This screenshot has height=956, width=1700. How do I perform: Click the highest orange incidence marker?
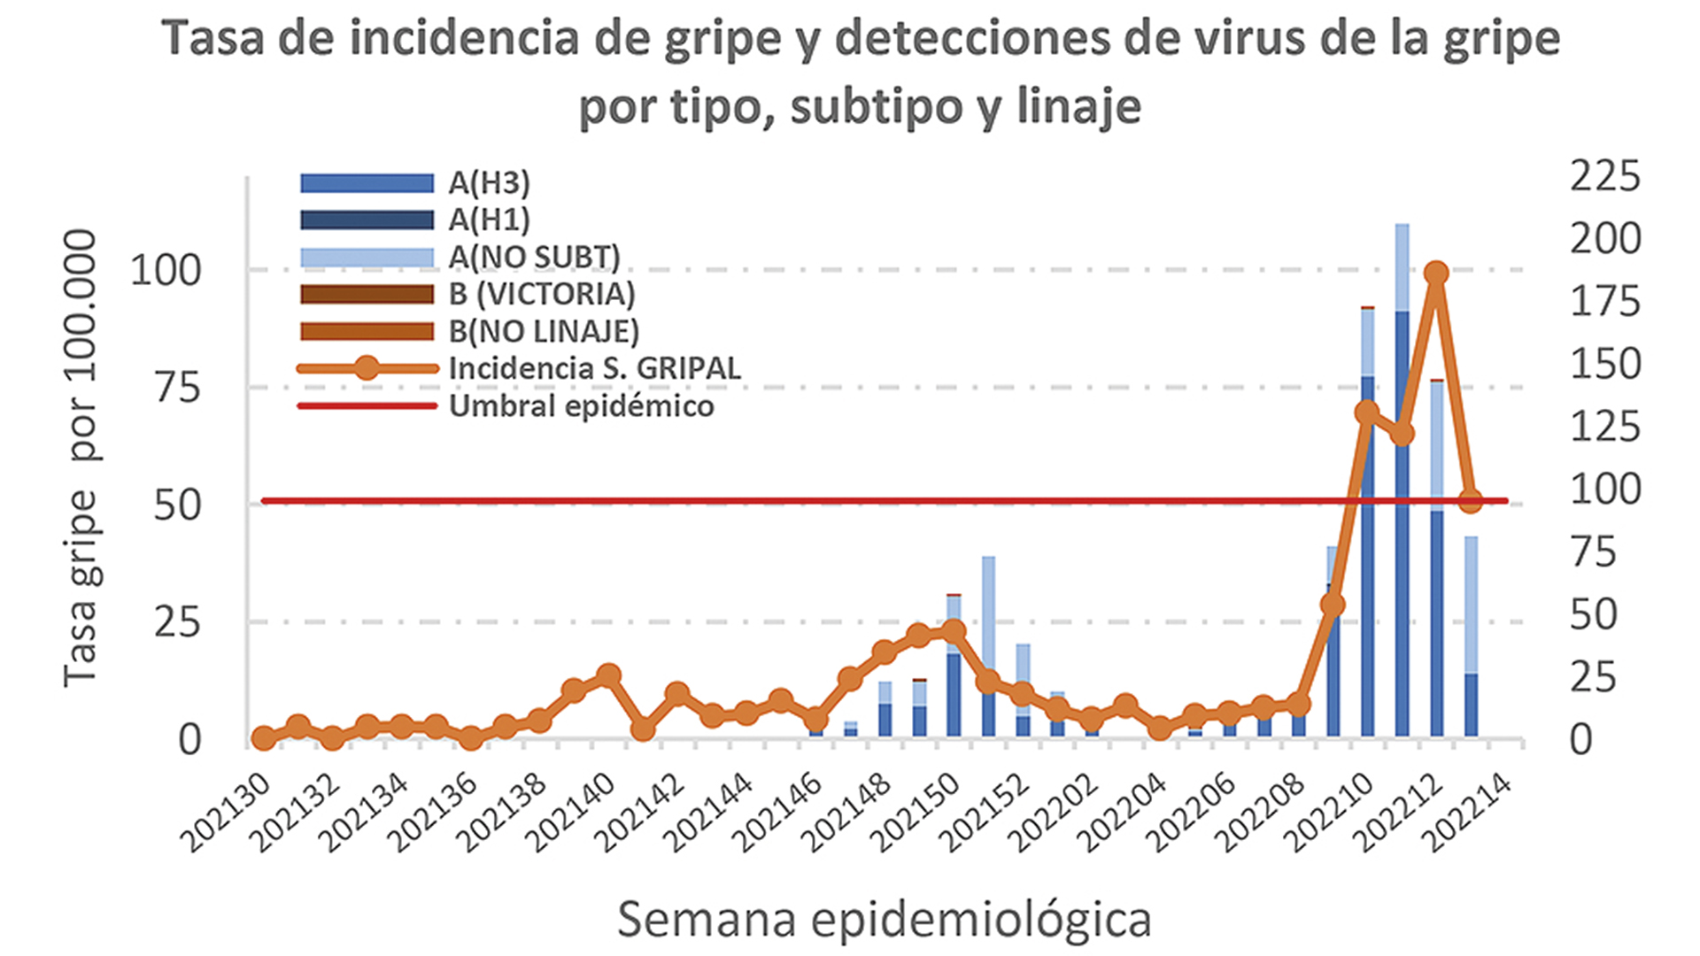click(1436, 274)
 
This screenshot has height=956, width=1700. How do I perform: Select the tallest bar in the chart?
click(1402, 478)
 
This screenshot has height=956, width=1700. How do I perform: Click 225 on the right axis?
click(1604, 176)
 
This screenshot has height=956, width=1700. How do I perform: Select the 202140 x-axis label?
click(576, 813)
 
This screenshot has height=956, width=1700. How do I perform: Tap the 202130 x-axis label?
click(226, 813)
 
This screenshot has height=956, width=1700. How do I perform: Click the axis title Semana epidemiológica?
click(884, 920)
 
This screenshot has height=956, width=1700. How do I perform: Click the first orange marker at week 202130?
click(263, 737)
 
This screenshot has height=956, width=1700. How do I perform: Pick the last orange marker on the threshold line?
click(1470, 501)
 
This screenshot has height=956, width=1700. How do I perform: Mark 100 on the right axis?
click(1604, 490)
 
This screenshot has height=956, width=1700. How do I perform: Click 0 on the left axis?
click(189, 740)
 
